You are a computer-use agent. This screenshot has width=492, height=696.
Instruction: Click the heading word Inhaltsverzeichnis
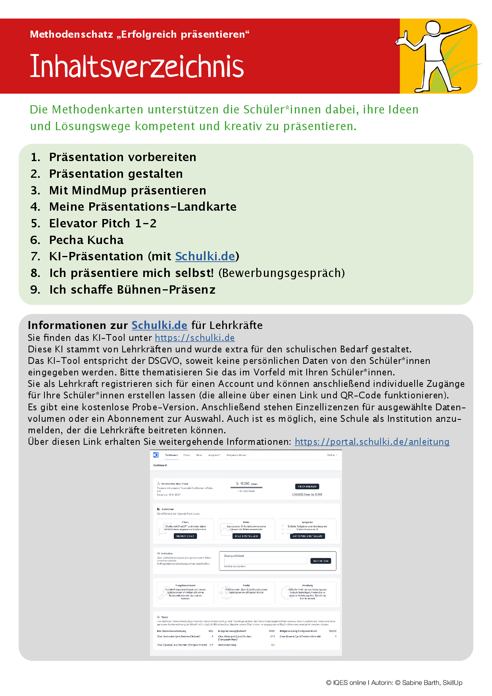[137, 66]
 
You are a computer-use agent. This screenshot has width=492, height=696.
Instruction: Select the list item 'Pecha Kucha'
[86, 240]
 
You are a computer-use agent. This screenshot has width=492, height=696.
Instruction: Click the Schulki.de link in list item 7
[205, 256]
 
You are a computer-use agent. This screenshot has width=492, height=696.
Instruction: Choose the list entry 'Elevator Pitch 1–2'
[103, 223]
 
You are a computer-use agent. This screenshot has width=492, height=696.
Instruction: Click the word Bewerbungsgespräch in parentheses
[281, 273]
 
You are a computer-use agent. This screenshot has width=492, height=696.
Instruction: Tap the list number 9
[35, 290]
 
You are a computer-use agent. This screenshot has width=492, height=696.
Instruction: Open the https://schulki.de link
[194, 338]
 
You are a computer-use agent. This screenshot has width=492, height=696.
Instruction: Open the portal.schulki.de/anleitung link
[372, 442]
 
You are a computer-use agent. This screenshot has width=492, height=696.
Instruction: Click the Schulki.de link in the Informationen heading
[159, 325]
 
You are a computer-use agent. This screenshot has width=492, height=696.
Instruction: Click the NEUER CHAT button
[185, 536]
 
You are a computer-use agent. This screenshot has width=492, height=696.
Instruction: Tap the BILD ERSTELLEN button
[246, 536]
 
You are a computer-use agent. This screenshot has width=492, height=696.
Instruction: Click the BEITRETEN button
[321, 561]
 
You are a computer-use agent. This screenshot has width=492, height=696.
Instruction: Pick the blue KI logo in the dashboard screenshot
[156, 455]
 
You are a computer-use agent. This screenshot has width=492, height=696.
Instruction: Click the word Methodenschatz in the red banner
[71, 35]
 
